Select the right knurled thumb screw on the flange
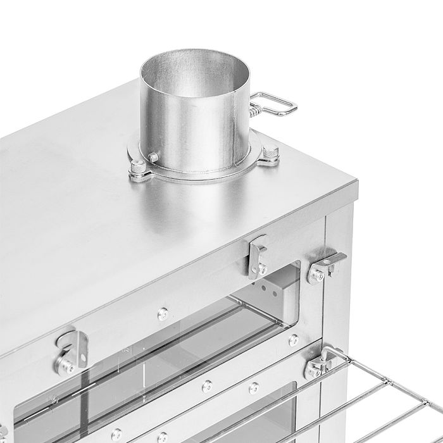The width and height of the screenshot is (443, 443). [270, 153]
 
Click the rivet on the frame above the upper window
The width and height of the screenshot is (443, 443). [163, 312]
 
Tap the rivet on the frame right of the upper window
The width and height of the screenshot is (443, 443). [292, 339]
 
